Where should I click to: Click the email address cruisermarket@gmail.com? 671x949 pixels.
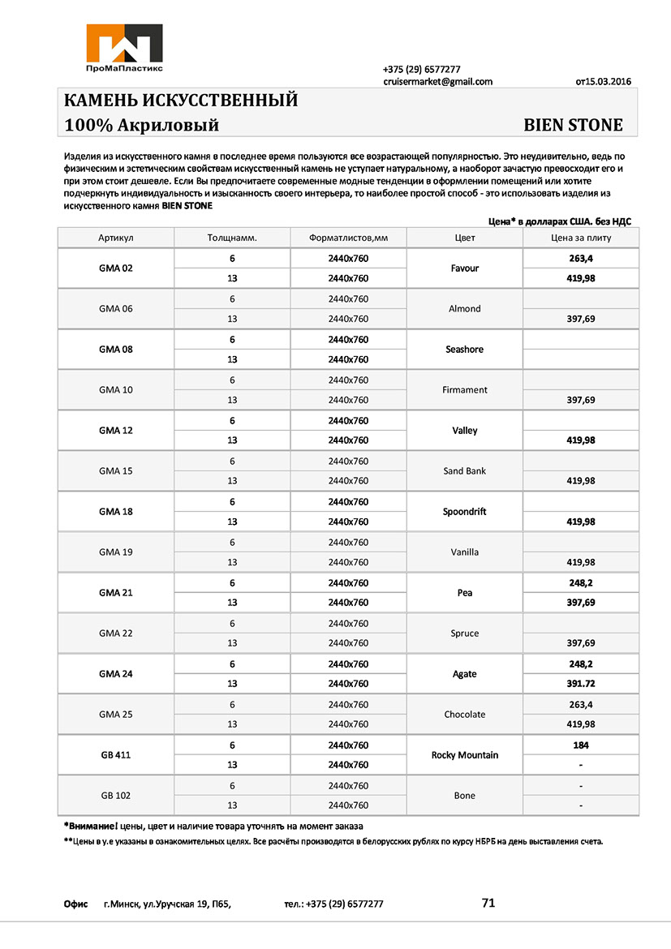(x=437, y=82)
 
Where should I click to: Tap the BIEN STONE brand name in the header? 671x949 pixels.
(x=573, y=126)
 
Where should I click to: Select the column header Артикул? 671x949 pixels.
(x=115, y=238)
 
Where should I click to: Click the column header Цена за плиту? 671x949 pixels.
(x=581, y=238)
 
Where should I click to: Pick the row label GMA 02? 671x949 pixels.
(x=115, y=268)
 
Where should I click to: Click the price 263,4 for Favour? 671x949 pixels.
(x=581, y=259)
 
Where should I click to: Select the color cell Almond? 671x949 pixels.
(x=464, y=309)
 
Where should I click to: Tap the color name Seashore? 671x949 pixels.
(x=464, y=350)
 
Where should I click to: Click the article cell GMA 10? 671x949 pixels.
(x=115, y=390)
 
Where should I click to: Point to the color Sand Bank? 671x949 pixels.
(x=464, y=471)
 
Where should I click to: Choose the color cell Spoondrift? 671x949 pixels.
(x=464, y=512)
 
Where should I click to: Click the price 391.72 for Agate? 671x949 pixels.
(x=581, y=684)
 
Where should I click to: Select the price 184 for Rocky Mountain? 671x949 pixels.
(x=581, y=745)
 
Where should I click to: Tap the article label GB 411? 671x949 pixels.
(x=115, y=755)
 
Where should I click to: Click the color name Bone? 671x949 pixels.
(x=464, y=796)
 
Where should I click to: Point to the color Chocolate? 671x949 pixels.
(x=464, y=715)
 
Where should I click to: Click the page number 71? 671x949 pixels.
(x=488, y=903)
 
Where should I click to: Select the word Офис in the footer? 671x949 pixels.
(x=75, y=904)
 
